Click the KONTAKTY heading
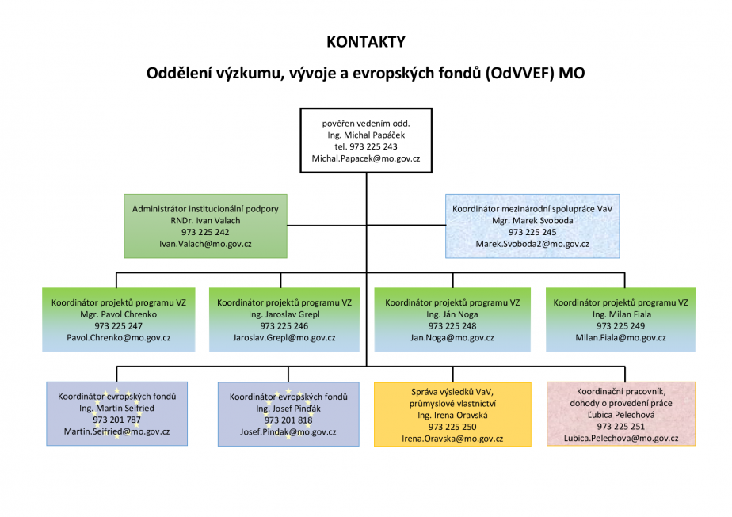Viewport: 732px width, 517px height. click(x=366, y=42)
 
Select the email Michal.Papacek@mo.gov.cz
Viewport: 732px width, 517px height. click(x=366, y=158)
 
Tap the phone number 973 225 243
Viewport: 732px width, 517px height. click(x=373, y=147)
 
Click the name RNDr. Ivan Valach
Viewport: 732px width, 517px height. click(x=205, y=221)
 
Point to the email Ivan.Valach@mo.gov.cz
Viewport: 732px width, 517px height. click(x=205, y=244)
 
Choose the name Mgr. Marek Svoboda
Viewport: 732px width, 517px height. click(x=532, y=221)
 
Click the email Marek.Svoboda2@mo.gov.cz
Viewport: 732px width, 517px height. click(x=532, y=244)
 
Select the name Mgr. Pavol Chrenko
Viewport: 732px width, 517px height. click(x=119, y=314)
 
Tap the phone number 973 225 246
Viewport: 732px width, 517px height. click(x=284, y=326)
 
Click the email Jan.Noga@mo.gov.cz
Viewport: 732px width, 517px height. click(x=452, y=338)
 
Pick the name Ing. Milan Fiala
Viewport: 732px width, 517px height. click(x=621, y=314)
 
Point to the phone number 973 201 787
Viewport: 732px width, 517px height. click(x=116, y=420)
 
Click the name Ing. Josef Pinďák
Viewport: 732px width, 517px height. click(x=288, y=409)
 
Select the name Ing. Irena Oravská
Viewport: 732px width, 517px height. click(x=452, y=416)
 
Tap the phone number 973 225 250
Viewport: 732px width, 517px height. click(x=452, y=427)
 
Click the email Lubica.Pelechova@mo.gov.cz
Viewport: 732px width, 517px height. click(x=621, y=438)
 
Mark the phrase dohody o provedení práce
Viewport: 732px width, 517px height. click(x=621, y=403)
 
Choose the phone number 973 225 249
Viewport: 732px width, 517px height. click(x=621, y=326)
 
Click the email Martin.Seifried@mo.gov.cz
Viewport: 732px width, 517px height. click(x=116, y=431)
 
